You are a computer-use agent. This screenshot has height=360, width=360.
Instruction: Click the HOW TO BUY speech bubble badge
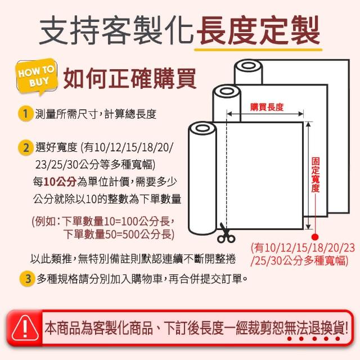[x=37, y=76]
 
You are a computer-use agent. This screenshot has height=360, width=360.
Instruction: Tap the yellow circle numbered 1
[x=25, y=114]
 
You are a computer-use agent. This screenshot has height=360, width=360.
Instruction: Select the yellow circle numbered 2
[x=25, y=147]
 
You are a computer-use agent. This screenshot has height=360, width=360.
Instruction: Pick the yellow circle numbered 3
[x=28, y=279]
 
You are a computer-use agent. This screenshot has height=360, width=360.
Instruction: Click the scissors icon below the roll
[x=226, y=233]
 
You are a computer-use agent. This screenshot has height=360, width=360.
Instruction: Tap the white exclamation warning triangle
[x=25, y=328]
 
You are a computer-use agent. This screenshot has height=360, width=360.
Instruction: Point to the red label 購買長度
[x=267, y=107]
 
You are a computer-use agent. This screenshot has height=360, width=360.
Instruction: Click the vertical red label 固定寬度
[x=315, y=175]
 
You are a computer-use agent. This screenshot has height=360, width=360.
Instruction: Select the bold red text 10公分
[x=60, y=182]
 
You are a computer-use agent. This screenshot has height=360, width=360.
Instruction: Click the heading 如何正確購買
[x=129, y=78]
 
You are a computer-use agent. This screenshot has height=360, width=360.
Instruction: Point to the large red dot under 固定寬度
[x=315, y=237]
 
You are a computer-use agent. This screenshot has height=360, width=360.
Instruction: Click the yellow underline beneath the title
[x=258, y=49]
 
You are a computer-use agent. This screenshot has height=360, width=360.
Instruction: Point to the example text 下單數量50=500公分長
[x=119, y=235]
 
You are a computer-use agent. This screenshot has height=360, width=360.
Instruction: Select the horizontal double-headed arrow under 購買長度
[x=265, y=114]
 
